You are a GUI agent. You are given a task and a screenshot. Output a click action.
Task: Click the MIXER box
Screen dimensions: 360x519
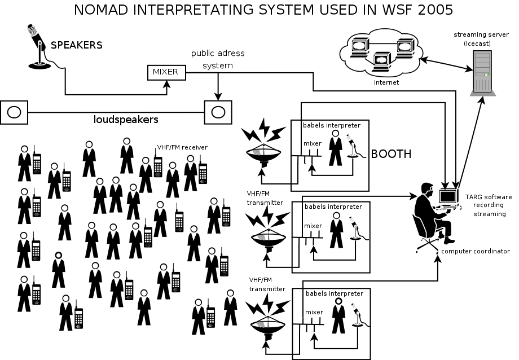(x=165, y=72)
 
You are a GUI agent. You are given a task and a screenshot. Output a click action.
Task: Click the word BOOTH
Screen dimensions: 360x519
(x=391, y=153)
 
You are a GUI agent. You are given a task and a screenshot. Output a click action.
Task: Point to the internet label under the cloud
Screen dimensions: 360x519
(x=386, y=82)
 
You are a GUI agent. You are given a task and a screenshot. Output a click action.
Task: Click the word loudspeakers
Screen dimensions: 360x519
(x=125, y=120)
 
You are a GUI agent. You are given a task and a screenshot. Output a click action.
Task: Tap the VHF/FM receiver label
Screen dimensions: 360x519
(x=182, y=147)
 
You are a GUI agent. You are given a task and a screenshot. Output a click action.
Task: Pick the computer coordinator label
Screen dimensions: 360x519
(x=476, y=251)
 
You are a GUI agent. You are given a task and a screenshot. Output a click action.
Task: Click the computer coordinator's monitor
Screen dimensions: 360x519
(x=448, y=196)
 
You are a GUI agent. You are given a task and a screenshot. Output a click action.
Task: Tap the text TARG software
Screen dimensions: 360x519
(x=489, y=197)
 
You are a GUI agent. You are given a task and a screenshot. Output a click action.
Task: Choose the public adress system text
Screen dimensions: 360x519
(x=218, y=59)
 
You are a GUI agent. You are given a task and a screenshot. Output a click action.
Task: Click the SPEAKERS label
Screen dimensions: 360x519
(x=77, y=45)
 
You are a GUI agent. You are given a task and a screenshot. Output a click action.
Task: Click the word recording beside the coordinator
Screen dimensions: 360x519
(x=489, y=205)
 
